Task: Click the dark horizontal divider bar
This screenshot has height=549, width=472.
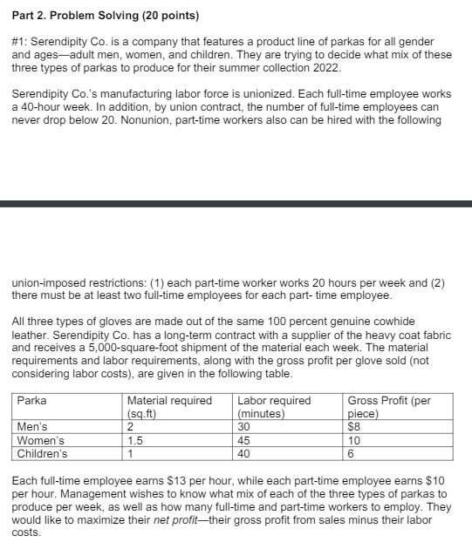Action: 236,204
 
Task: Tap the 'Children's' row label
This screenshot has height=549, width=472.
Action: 43,452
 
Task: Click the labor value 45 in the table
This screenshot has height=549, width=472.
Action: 244,440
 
